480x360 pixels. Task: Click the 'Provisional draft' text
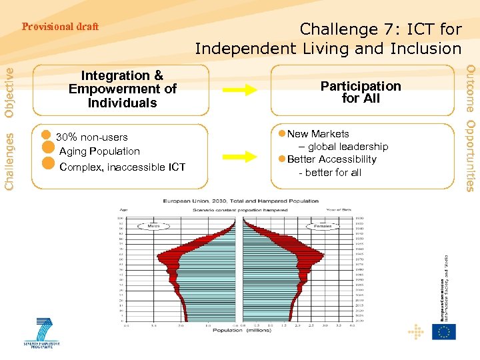pyautogui.click(x=60, y=27)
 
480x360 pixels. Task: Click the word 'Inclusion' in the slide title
pyautogui.click(x=423, y=49)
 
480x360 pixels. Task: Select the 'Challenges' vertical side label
pyautogui.click(x=9, y=159)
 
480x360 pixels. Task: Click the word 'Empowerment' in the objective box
pyautogui.click(x=122, y=89)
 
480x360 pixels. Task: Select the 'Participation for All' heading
pyautogui.click(x=361, y=92)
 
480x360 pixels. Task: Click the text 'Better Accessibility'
pyautogui.click(x=331, y=159)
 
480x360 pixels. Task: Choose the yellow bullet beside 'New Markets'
pyautogui.click(x=282, y=134)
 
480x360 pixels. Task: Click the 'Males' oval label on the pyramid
pyautogui.click(x=154, y=227)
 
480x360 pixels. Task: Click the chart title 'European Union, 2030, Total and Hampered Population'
pyautogui.click(x=241, y=201)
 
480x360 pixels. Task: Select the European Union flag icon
pyautogui.click(x=443, y=331)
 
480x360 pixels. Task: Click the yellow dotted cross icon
pyautogui.click(x=417, y=331)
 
